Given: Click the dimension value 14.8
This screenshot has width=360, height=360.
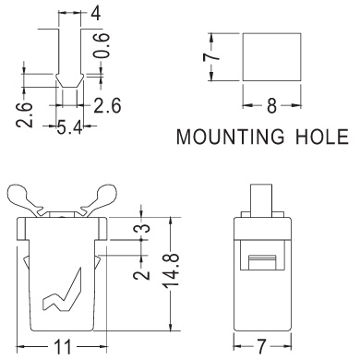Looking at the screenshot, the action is point(172,270).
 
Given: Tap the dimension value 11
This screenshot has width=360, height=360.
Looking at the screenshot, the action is point(63,347).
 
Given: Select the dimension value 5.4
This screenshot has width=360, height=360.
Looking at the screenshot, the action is point(69,127).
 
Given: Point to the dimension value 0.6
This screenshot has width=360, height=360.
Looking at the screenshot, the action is point(102,45).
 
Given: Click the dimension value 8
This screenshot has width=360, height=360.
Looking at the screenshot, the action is point(271,106).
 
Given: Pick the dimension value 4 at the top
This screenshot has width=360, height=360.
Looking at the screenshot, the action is point(96,13).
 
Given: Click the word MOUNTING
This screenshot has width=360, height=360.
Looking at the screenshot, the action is point(230,137).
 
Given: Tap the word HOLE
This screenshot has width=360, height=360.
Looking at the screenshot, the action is point(322,137).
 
